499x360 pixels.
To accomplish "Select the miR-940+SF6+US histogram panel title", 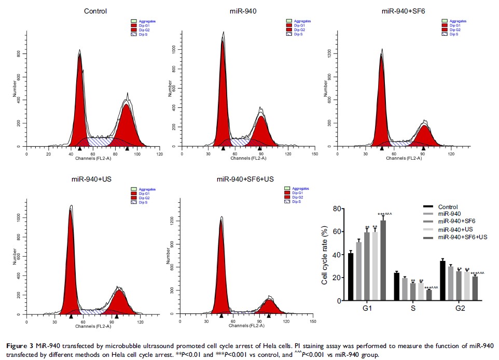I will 245,179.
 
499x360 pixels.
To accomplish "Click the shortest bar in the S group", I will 429,295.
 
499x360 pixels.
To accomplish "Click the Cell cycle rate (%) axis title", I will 325,255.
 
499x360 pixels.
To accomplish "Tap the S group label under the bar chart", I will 412,309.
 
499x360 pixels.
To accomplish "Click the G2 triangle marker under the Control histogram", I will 127,149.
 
